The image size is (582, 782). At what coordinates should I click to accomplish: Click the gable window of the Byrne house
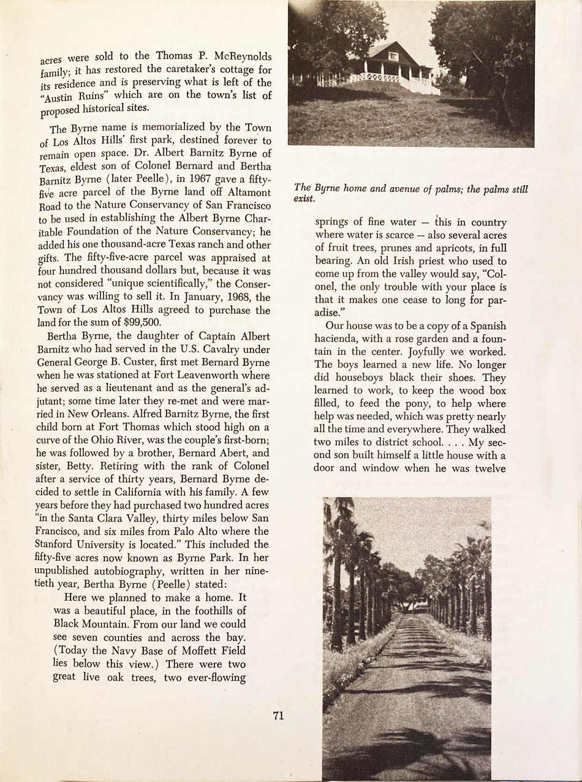pos(393,57)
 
